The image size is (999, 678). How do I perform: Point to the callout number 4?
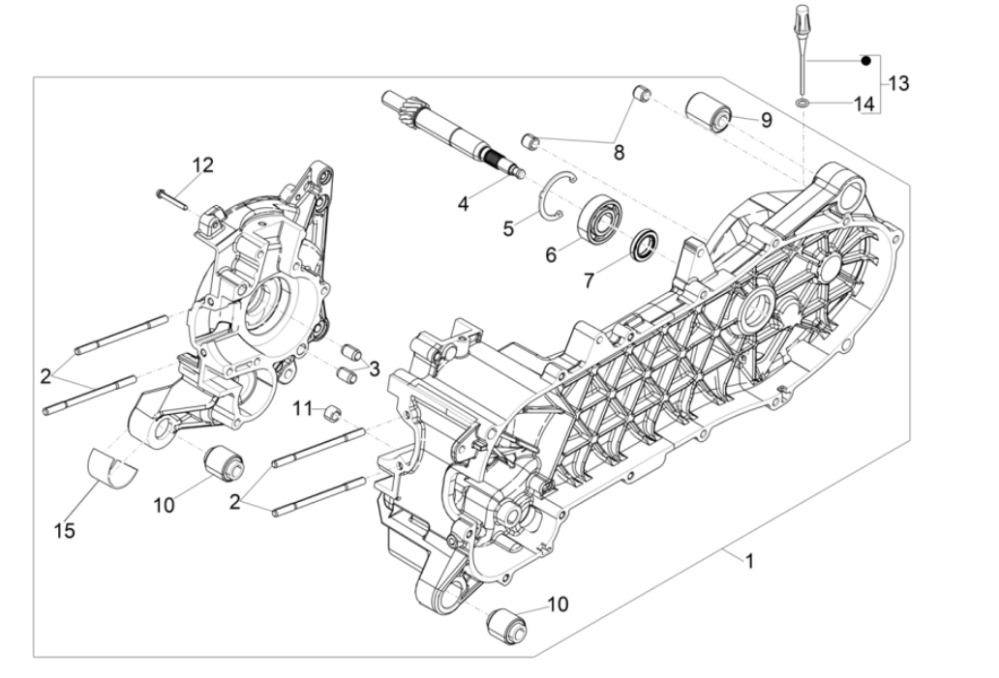click(x=464, y=203)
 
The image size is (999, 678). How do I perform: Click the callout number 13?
click(x=898, y=83)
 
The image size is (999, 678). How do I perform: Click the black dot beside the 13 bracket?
click(x=867, y=60)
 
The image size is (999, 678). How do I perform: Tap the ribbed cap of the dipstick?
click(x=802, y=16)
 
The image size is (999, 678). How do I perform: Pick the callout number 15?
click(x=66, y=530)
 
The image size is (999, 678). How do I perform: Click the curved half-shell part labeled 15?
click(x=112, y=464)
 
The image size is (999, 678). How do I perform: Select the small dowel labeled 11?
click(x=334, y=413)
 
